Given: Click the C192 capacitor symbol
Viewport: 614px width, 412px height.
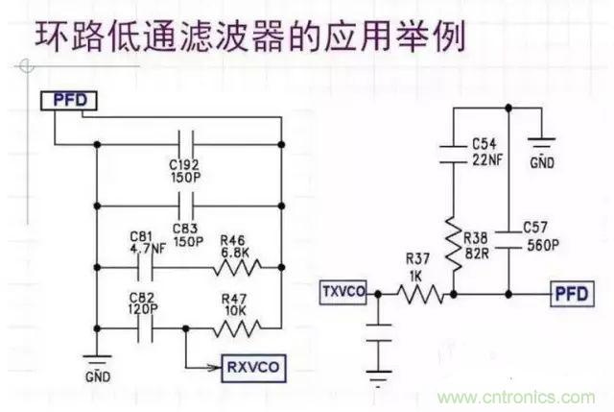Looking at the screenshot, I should tap(189, 146).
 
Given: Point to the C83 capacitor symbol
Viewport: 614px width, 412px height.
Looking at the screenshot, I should tap(189, 206).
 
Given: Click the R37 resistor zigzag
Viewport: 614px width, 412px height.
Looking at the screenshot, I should tap(420, 294).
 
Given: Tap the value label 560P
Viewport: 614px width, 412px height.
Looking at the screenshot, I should tap(542, 244).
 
